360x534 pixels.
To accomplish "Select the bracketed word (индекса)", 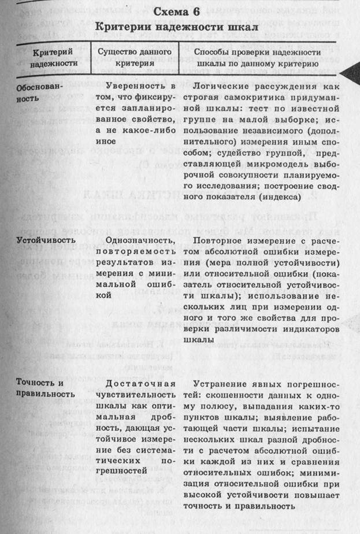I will point(276,197).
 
